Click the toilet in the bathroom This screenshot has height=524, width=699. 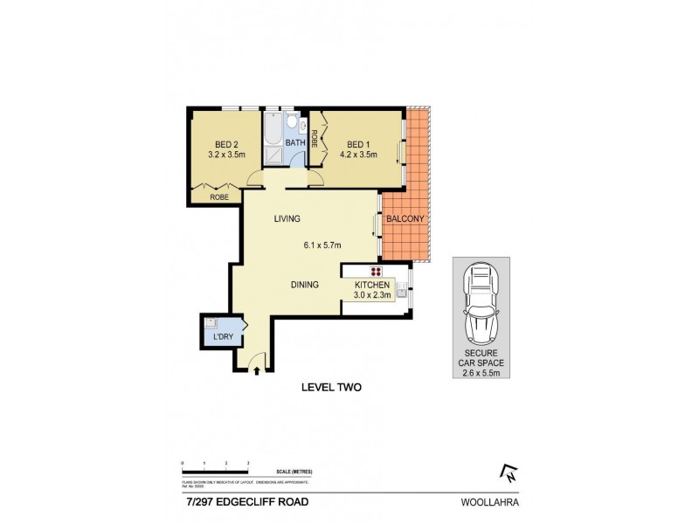pyautogui.click(x=294, y=123)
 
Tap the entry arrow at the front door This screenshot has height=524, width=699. pyautogui.click(x=255, y=370)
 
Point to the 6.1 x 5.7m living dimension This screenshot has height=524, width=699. pyautogui.click(x=322, y=245)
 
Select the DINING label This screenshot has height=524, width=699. pyautogui.click(x=305, y=285)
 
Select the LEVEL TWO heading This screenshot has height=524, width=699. pyautogui.click(x=331, y=387)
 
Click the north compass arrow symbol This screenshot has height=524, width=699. pyautogui.click(x=507, y=472)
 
